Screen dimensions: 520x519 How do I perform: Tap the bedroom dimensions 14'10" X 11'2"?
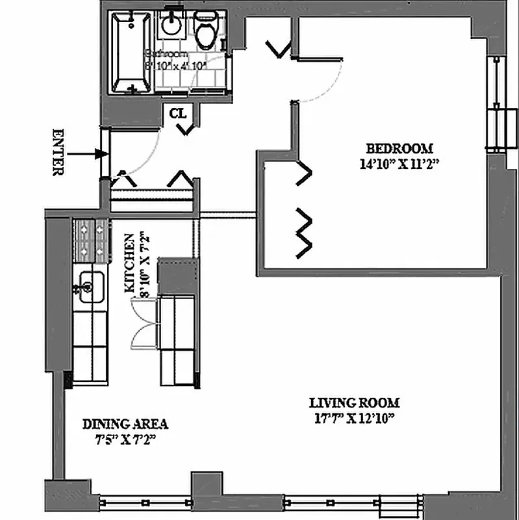399,164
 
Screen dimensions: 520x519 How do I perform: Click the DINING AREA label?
125,424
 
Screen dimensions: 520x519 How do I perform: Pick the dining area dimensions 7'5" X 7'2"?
125,439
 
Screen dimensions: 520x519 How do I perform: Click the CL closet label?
178,113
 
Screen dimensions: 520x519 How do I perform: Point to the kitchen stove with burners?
92,239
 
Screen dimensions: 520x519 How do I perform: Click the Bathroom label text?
175,60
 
